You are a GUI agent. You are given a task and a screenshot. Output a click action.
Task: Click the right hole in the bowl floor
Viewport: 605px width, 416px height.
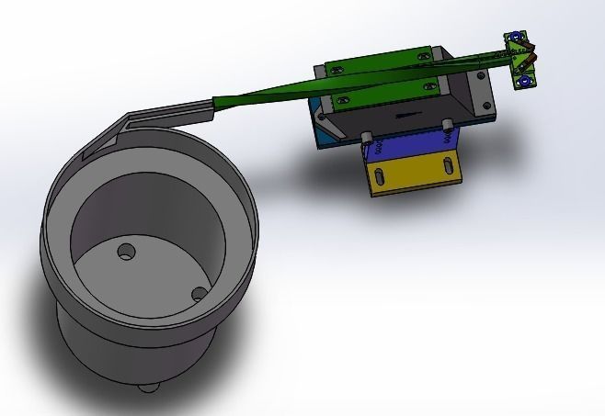point(197,294)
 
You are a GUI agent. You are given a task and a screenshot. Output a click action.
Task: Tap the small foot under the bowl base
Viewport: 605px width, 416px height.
point(146,387)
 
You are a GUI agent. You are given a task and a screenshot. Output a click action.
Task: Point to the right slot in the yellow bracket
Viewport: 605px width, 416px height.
point(450,166)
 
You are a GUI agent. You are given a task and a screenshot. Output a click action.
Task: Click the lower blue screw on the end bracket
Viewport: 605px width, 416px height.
point(525,82)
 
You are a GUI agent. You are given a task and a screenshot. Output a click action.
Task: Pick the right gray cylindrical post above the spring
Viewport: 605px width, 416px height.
point(447,124)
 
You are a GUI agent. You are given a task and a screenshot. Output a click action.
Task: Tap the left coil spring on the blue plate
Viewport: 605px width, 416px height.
point(372,149)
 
